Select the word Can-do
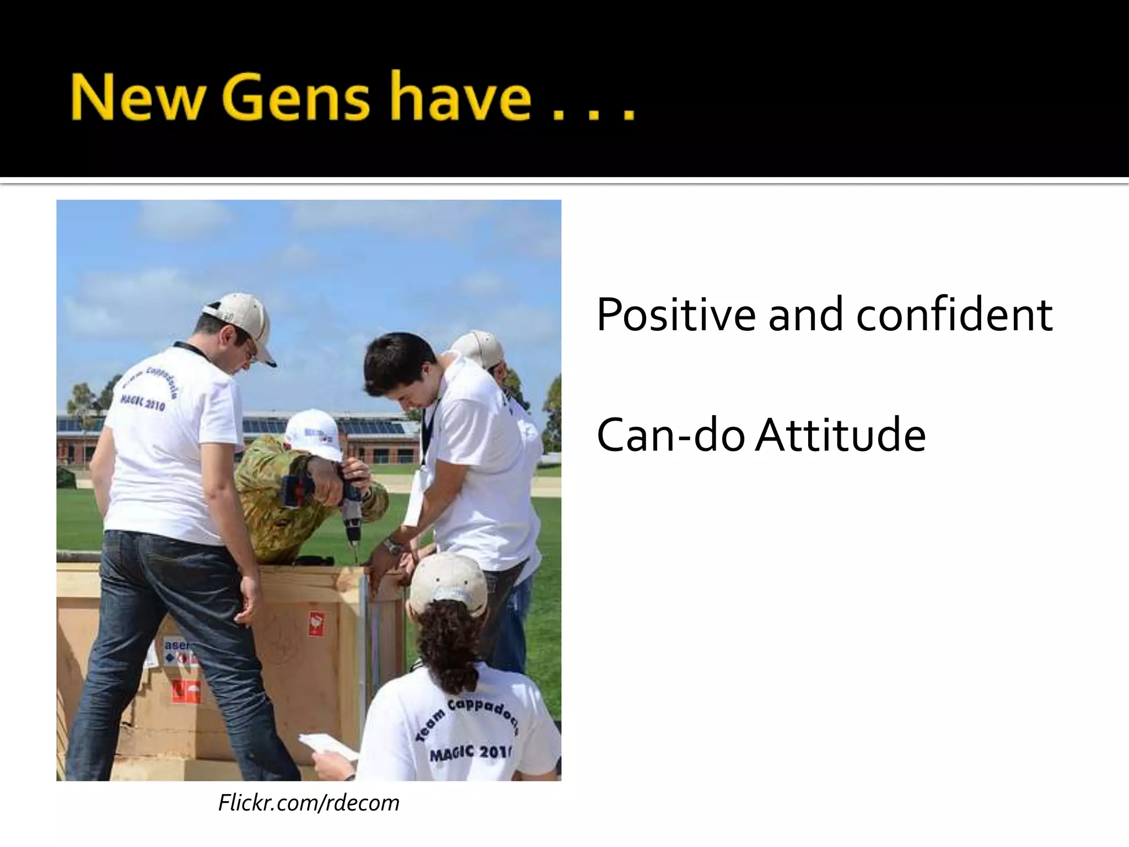(670, 436)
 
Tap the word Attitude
(841, 436)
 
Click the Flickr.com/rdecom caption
(309, 803)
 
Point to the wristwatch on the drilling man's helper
(393, 547)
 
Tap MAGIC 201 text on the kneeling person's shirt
(470, 752)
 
